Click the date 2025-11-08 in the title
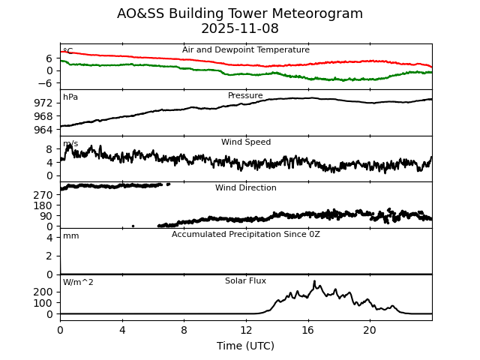coord(240,29)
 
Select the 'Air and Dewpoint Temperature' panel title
coord(245,50)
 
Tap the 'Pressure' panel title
coord(245,96)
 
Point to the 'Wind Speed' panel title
coord(245,142)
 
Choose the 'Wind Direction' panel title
coord(245,188)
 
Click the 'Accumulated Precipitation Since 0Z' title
coord(245,235)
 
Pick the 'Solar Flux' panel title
coord(245,280)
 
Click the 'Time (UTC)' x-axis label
coord(245,346)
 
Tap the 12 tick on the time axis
coord(246,330)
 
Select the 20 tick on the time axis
coord(370,330)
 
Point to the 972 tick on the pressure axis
coord(43,102)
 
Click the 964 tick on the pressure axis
coord(43,130)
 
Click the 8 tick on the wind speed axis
coord(49,149)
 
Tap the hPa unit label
coord(70,97)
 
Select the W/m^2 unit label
coord(78,283)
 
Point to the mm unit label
coord(70,236)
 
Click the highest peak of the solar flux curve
coord(314,281)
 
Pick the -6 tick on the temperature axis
coord(47,83)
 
